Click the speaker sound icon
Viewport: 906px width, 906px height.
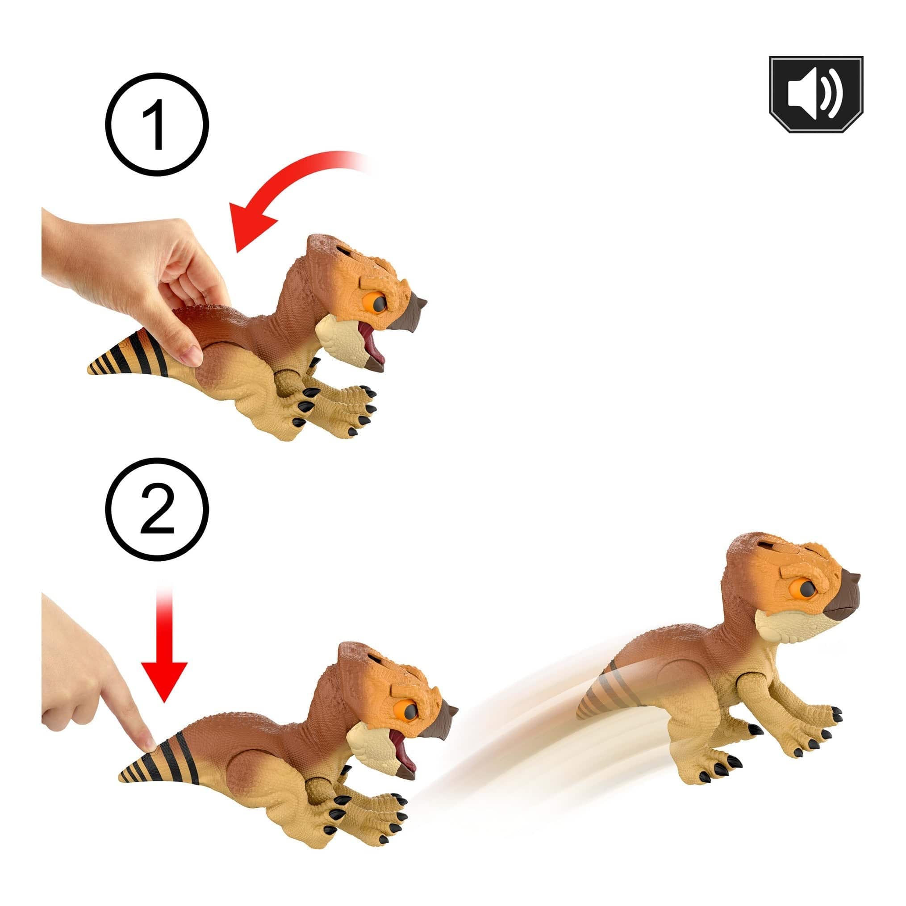(815, 94)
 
